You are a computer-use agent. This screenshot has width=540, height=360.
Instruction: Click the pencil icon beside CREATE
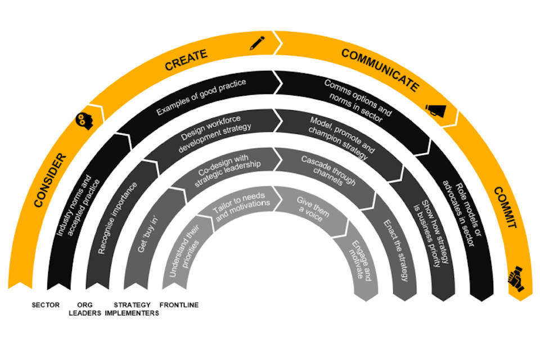[x=257, y=42]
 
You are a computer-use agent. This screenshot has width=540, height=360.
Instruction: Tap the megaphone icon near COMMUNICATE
[x=435, y=110]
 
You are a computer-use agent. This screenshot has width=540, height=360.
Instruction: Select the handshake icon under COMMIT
[x=516, y=279]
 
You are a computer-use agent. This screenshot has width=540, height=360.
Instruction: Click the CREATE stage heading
[x=186, y=60]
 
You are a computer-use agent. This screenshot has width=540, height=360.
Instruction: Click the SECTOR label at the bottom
[x=46, y=305]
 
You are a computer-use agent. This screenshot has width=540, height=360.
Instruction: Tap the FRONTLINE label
[x=179, y=305]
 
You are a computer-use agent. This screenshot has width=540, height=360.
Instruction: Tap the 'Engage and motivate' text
[x=360, y=260]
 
